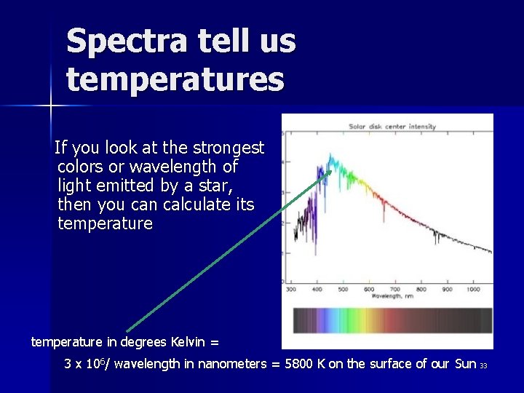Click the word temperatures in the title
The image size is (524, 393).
click(175, 79)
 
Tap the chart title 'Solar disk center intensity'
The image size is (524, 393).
click(392, 127)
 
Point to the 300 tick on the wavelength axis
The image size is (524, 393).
click(290, 290)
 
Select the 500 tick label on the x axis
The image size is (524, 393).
click(343, 290)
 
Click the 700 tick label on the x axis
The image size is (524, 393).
click(394, 290)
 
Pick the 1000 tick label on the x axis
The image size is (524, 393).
click(473, 290)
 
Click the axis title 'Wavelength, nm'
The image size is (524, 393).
click(393, 296)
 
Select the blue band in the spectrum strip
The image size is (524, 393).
click(331, 320)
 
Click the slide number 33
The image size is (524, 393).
click(483, 365)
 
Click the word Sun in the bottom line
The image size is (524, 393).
click(464, 364)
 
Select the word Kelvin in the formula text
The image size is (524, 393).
click(189, 342)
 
